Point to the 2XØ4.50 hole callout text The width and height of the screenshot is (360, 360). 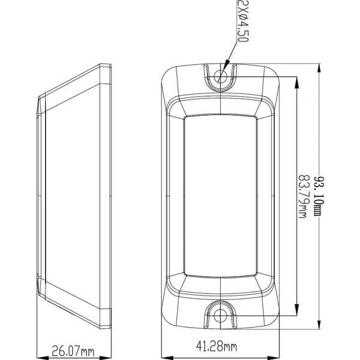point(241,22)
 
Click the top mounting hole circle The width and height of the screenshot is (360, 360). point(221,74)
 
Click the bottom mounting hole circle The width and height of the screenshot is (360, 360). point(221,313)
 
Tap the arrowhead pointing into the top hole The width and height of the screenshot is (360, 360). point(226,67)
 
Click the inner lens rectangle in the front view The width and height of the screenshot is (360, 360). point(221,195)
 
